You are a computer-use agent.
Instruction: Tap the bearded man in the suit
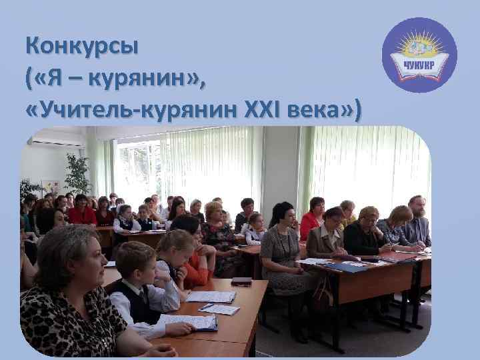coord(416,220)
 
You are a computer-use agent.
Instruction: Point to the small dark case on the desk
coord(241,281)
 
